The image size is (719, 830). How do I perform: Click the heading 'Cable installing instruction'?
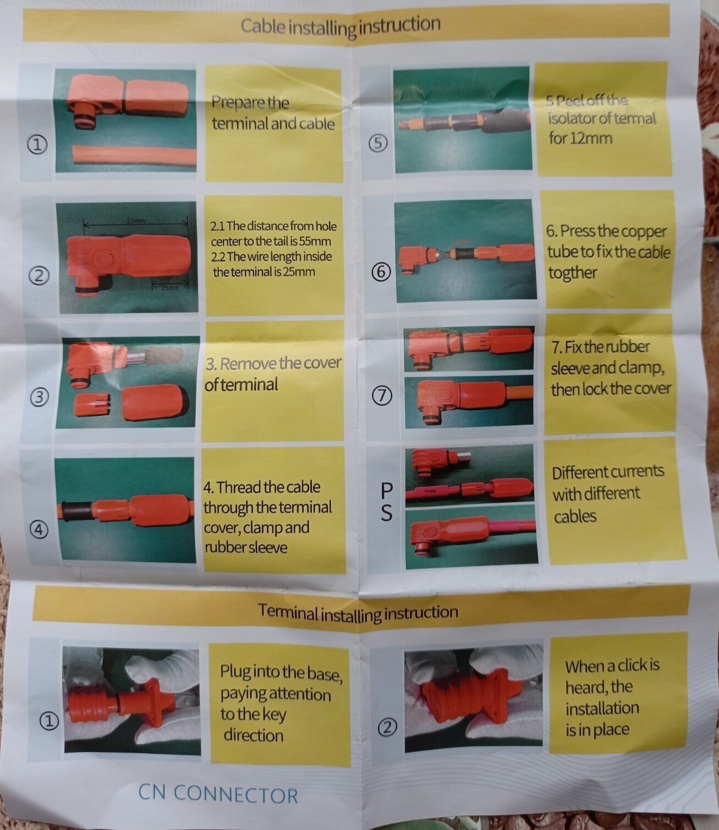pos(340,26)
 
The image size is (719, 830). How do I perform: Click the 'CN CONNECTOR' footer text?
pos(218,794)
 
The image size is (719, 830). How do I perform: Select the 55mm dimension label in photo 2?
pos(136,221)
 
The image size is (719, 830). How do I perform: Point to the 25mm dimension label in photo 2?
pos(171,288)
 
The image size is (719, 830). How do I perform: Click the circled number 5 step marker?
pos(378,144)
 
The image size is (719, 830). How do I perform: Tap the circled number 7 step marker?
pos(382,396)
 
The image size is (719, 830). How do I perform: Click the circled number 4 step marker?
pos(39,530)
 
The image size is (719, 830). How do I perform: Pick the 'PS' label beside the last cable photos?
pos(386,502)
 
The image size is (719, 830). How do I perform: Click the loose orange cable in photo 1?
pos(134,156)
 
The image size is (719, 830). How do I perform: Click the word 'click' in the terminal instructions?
pos(631,665)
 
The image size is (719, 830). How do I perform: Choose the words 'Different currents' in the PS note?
pos(608,472)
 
